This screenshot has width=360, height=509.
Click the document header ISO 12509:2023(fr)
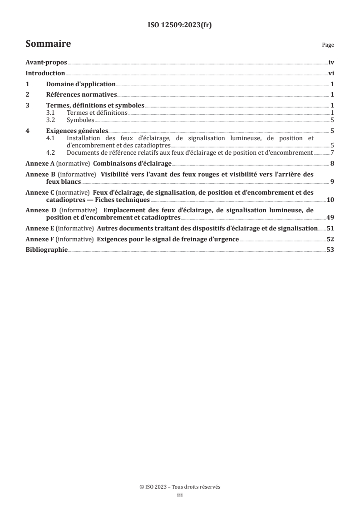(180, 25)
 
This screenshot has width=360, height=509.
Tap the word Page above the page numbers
(328, 45)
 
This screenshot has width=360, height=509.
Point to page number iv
(331, 63)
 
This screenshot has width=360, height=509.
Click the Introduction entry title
(45, 73)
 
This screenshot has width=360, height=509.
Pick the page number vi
(331, 73)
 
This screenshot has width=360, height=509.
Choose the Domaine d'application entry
(81, 84)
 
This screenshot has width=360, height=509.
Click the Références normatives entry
(82, 95)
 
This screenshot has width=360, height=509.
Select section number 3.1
(52, 113)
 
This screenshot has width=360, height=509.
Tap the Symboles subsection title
(80, 120)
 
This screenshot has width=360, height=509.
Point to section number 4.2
(52, 153)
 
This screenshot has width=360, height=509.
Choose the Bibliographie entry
(47, 250)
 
